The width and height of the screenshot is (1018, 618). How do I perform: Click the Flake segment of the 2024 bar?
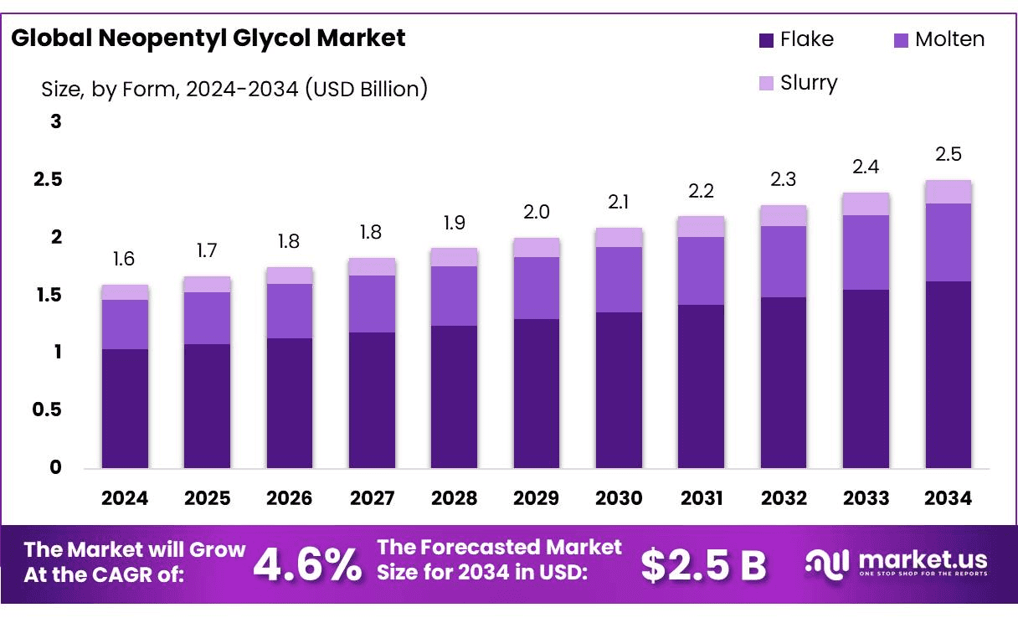coord(125,408)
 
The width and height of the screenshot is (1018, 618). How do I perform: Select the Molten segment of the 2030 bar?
coord(619,280)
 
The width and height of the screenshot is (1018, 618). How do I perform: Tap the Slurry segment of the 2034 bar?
coord(949,192)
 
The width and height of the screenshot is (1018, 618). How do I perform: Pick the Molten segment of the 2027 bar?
coord(372,304)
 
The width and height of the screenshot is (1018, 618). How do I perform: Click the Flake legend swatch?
coord(766,39)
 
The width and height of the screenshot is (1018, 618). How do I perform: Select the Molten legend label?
coord(949,39)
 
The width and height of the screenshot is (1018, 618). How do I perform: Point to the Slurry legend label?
coord(809,83)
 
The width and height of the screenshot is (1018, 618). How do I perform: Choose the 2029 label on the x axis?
coord(537,498)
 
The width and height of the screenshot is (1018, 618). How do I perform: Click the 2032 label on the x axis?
coord(784,498)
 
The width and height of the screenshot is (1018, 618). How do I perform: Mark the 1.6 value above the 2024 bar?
coord(124,260)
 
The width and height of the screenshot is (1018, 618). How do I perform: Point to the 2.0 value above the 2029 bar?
coord(536,213)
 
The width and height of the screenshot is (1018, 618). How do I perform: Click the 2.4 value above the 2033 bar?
coord(866,167)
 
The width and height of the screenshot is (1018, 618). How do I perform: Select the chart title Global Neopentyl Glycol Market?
coord(208,39)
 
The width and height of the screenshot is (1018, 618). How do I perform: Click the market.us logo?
coord(896,562)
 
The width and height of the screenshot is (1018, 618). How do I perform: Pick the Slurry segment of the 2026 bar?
coord(290,276)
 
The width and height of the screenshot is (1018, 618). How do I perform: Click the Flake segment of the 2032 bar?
coord(784,382)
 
